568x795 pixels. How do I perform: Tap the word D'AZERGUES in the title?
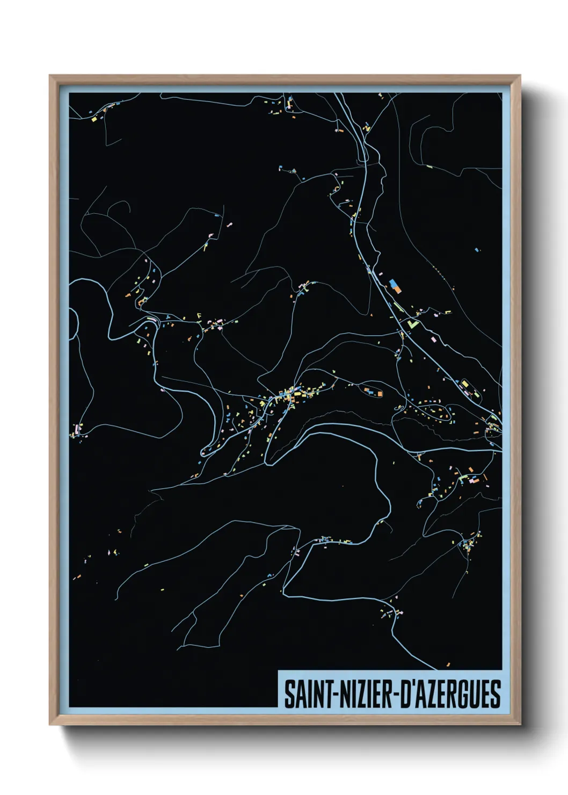tap(451, 694)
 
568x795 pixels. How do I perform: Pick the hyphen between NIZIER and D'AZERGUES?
tap(396, 695)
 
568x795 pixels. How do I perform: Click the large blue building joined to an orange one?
tap(394, 283)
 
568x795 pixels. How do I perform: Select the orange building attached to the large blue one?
tap(398, 289)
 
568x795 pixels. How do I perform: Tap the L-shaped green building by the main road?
tap(412, 324)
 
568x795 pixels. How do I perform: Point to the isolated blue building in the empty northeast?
tap(477, 249)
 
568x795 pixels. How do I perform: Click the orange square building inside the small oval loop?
tap(380, 394)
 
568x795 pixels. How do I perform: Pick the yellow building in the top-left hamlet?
tap(93, 119)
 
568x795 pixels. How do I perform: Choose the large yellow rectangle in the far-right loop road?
tap(465, 384)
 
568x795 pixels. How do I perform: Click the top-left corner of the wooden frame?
tap(50, 76)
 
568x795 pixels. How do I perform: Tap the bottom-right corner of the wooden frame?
tap(520, 725)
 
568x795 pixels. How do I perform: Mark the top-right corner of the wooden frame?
tap(520, 76)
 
